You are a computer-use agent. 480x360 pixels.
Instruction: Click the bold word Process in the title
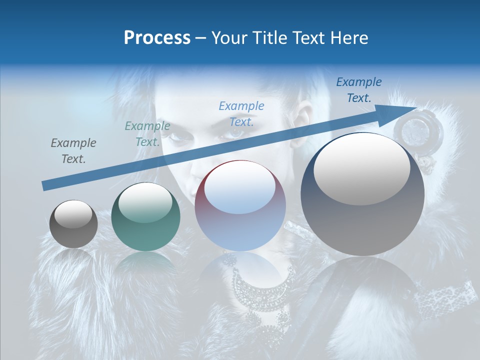(x=157, y=38)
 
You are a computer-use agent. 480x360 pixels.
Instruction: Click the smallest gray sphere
(x=73, y=224)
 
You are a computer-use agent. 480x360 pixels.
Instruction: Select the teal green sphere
(x=145, y=217)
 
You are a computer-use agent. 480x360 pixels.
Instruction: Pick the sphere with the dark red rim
(x=240, y=206)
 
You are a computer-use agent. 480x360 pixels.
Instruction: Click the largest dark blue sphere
(x=362, y=194)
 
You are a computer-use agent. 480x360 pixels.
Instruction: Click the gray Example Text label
(x=73, y=150)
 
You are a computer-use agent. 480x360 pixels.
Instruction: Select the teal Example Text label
(x=147, y=134)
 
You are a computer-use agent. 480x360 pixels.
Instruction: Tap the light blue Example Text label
(x=241, y=113)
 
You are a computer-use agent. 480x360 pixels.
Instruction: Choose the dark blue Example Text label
(x=358, y=89)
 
